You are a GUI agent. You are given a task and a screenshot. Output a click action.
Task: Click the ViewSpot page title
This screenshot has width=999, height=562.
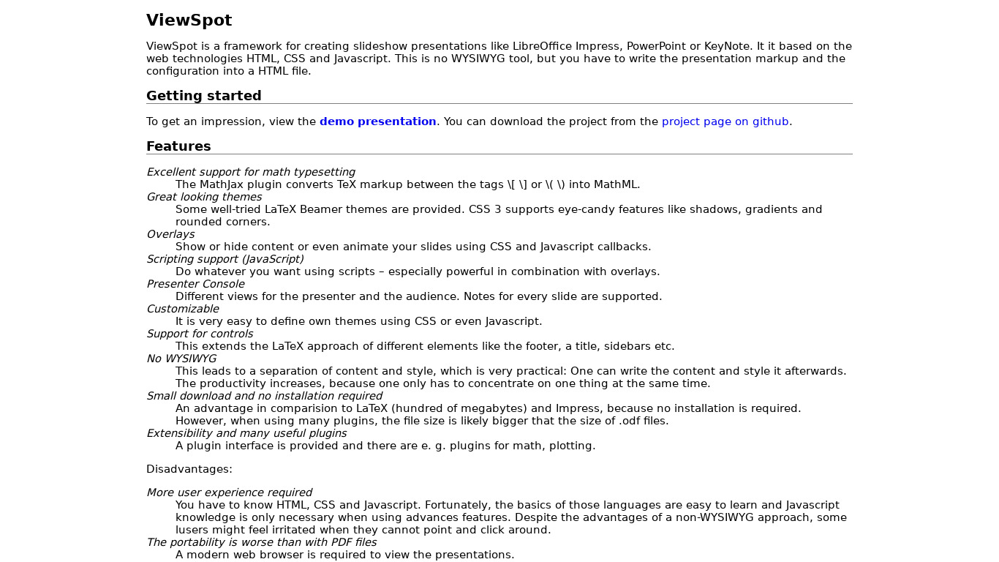[189, 20]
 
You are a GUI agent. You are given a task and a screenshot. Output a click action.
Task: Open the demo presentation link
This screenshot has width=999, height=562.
[377, 121]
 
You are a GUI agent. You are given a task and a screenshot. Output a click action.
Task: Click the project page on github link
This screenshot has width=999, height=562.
[725, 121]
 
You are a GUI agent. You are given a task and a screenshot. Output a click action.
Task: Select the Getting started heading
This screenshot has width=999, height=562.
[203, 96]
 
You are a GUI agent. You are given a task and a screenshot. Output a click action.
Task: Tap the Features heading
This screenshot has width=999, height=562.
[178, 146]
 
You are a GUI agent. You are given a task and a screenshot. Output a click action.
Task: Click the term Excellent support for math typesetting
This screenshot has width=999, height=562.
[251, 172]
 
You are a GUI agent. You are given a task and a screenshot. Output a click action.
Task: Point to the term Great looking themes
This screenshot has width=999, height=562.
[204, 197]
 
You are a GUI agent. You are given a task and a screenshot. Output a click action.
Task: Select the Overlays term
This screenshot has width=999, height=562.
[170, 234]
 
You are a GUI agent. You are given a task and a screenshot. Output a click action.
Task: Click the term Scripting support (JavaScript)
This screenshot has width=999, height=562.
[225, 259]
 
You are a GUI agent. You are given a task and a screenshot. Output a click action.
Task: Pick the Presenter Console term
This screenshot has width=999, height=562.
[195, 284]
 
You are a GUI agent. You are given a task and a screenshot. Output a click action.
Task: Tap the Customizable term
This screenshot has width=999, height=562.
[183, 309]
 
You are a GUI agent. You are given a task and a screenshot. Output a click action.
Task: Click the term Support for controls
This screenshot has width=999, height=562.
[200, 334]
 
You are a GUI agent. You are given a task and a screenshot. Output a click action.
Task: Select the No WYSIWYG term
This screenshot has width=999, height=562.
[181, 359]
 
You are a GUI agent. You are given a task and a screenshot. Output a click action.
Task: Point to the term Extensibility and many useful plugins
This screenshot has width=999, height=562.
[246, 433]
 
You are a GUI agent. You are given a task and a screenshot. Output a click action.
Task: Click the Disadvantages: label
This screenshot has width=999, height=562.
[189, 469]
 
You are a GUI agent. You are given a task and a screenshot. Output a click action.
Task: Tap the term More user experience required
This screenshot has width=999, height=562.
[229, 492]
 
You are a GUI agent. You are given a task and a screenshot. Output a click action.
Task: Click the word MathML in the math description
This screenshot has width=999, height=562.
[617, 184]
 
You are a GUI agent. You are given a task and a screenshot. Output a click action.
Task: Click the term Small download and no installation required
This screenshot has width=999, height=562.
[264, 396]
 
